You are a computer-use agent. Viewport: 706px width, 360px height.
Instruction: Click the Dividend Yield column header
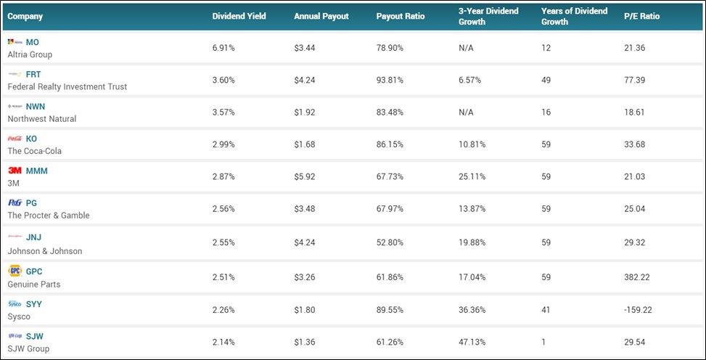click(239, 17)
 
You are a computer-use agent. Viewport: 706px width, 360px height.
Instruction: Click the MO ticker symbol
click(33, 42)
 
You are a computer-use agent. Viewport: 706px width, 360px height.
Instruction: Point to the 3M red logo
click(15, 171)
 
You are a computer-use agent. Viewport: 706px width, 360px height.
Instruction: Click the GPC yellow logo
click(15, 271)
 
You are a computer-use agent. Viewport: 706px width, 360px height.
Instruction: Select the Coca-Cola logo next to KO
click(15, 139)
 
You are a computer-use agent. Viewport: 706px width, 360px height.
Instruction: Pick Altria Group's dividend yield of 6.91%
click(223, 47)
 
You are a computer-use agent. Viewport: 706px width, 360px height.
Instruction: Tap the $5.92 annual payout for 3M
click(305, 176)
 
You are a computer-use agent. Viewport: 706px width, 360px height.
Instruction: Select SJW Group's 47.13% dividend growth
click(472, 342)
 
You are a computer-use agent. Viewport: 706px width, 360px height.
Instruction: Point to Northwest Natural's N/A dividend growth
click(466, 112)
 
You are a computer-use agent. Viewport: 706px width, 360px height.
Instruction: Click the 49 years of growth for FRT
click(546, 80)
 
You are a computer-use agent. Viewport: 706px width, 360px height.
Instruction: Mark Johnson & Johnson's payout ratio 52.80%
click(390, 242)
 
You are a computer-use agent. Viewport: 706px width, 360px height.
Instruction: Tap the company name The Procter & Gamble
click(49, 216)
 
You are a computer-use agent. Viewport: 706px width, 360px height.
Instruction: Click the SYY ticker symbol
click(34, 304)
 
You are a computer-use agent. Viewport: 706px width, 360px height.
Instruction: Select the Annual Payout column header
click(321, 17)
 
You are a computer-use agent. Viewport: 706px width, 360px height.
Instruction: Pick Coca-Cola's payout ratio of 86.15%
click(390, 144)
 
